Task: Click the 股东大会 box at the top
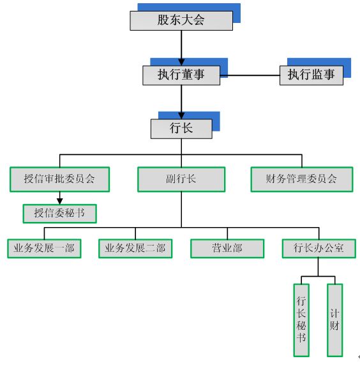tap(181, 20)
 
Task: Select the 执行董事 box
tap(181, 75)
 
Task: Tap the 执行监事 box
tap(311, 75)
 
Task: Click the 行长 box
tap(181, 128)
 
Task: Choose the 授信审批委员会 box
tap(60, 179)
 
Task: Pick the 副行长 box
tap(181, 179)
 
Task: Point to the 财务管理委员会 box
tap(301, 179)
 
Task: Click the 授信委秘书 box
tap(59, 213)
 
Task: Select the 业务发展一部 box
tap(44, 248)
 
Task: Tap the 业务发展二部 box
tap(135, 248)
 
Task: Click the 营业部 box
tap(227, 248)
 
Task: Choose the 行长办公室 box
tap(319, 248)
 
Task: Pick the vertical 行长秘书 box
tap(301, 320)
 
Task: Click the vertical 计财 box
tap(334, 320)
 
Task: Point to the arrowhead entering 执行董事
tap(181, 62)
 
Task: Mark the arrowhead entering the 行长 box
tap(181, 115)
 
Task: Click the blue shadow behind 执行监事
tap(347, 62)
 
